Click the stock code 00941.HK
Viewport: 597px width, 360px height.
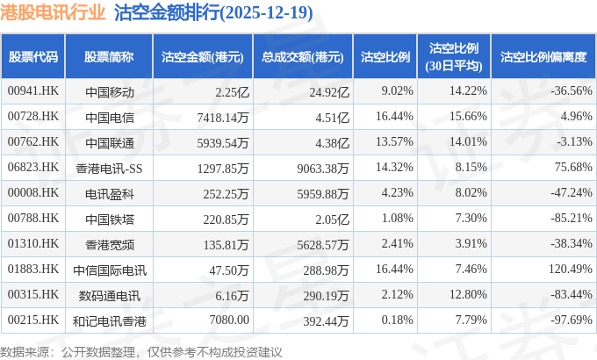32,90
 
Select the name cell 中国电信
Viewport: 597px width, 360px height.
109,116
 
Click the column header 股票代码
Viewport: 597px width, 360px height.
33,56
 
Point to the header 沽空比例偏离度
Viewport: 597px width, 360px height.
543,56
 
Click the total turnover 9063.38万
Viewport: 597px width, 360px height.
321,167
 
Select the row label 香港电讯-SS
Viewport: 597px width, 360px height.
109,167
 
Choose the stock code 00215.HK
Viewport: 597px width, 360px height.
32,320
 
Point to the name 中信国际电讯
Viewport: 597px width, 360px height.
109,269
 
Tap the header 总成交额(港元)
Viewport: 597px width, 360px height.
301,56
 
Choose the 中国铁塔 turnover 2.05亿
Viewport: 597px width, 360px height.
334,218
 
